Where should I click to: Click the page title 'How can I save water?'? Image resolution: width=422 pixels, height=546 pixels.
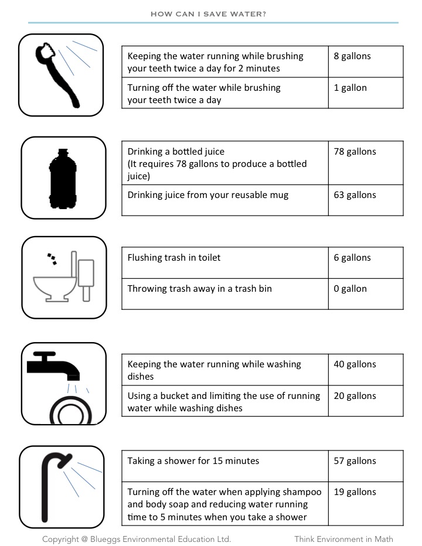[208, 13]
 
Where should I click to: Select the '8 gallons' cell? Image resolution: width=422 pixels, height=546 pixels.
[352, 56]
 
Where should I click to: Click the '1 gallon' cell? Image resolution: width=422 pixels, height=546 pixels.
[350, 88]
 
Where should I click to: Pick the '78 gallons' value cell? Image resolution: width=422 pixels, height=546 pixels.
[355, 152]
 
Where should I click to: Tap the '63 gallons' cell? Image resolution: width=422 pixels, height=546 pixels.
[355, 195]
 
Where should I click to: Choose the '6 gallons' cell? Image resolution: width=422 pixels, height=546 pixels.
[352, 258]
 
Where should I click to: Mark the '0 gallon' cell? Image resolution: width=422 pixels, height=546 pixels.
[350, 289]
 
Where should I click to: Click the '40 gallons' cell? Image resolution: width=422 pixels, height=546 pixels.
[355, 364]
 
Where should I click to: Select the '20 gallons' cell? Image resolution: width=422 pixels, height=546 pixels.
[355, 396]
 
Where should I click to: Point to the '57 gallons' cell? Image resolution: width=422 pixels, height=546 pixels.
[355, 461]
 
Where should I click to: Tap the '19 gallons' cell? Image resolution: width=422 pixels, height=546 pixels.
[355, 492]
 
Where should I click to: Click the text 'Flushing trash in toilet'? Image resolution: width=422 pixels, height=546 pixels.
[174, 258]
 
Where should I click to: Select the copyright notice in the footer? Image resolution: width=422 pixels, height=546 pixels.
[137, 539]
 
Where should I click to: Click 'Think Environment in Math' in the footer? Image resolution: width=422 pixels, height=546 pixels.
[343, 539]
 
